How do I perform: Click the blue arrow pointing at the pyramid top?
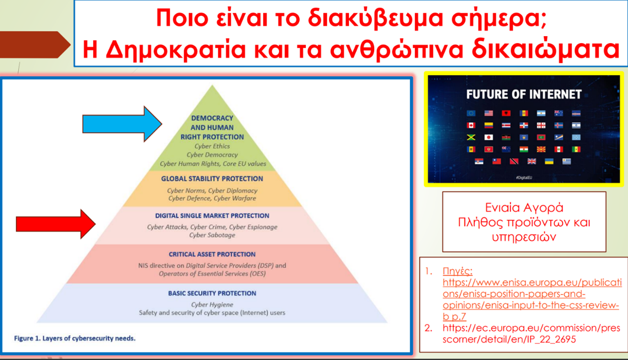coord(122,124)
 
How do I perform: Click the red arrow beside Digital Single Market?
coord(55,224)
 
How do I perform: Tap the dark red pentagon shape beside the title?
coord(35,45)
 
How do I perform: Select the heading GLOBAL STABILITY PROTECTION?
coord(212,179)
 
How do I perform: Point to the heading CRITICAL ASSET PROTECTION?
coord(212,254)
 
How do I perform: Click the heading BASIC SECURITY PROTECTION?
coord(212,293)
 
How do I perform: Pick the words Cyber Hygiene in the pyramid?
coord(212,305)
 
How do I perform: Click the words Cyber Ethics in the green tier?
coord(212,146)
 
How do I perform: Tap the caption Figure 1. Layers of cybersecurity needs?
coord(75,338)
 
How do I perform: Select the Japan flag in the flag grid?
coord(488,137)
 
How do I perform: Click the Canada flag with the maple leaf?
coord(471,125)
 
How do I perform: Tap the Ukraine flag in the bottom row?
coord(549,161)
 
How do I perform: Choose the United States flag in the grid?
coord(488,113)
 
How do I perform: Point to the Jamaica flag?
coord(471,137)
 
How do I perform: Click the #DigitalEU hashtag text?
coord(524,178)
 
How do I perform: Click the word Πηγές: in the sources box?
coord(458,271)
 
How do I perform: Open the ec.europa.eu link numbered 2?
coord(531,333)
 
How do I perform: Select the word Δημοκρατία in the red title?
coord(176,49)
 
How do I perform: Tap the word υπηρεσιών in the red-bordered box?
coord(524,237)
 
